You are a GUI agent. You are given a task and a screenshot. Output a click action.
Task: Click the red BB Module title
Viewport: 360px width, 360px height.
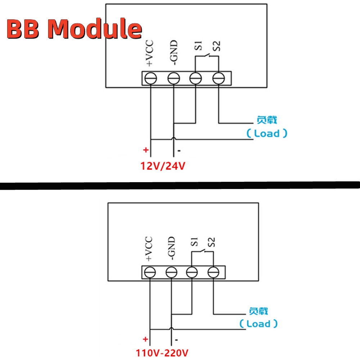click(74, 30)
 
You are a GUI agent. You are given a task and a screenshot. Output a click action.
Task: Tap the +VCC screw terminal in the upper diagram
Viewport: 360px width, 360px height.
click(150, 78)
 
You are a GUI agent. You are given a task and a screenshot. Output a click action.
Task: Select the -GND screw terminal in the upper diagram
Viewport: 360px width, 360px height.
click(174, 78)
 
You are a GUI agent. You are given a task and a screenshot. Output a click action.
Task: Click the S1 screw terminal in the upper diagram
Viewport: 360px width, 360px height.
click(196, 78)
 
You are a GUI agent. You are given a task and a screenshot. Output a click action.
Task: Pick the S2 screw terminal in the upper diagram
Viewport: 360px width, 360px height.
click(218, 78)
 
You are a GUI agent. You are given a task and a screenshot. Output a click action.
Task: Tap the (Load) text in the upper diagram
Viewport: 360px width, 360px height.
click(267, 134)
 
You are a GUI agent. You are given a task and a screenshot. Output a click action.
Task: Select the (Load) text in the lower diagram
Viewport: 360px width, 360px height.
click(258, 324)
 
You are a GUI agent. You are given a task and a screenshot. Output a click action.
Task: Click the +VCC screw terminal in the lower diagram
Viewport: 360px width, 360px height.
click(150, 272)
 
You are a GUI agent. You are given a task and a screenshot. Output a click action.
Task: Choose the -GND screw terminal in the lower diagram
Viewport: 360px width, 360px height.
click(171, 272)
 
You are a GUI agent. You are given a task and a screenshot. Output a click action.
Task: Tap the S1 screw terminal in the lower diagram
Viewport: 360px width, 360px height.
click(192, 272)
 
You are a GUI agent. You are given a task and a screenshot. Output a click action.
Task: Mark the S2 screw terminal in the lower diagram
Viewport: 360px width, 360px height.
click(213, 272)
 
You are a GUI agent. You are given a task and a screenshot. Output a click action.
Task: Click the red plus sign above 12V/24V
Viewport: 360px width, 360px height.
click(146, 150)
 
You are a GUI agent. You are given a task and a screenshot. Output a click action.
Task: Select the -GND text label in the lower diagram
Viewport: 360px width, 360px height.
click(171, 248)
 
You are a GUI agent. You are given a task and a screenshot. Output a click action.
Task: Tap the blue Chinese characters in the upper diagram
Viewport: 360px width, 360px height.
click(267, 120)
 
